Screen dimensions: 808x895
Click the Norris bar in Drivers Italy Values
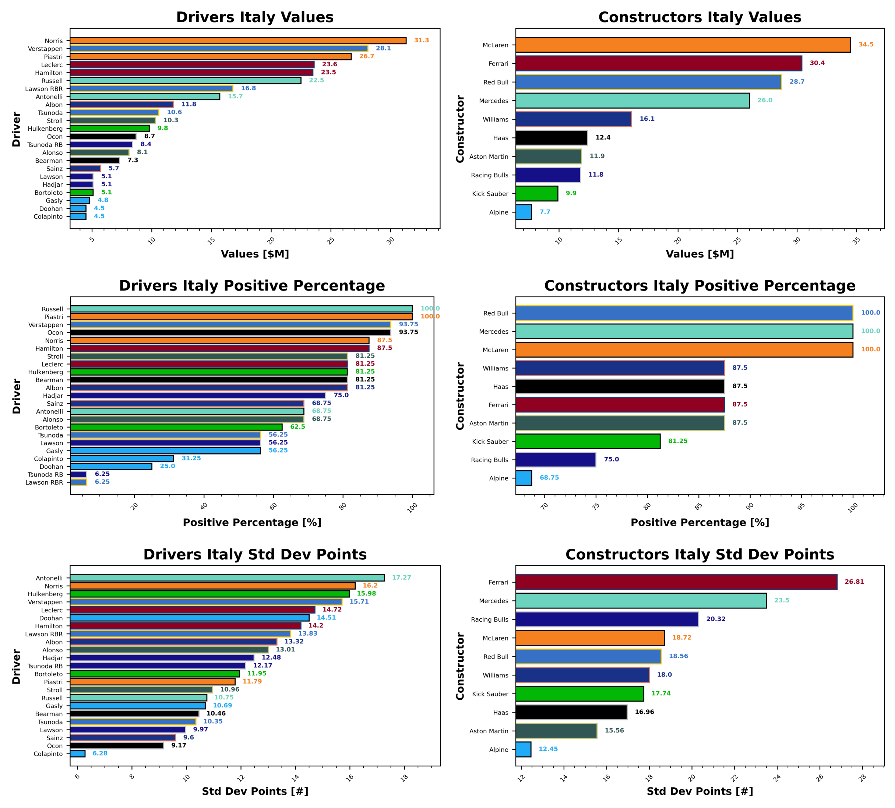click(238, 41)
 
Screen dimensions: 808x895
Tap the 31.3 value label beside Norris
click(421, 41)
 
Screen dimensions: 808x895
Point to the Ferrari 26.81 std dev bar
click(676, 582)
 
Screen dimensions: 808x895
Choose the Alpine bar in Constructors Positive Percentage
click(524, 478)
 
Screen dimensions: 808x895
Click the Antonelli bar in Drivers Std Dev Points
click(227, 578)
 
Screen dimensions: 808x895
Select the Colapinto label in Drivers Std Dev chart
click(48, 754)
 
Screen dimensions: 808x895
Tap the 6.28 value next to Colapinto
click(100, 753)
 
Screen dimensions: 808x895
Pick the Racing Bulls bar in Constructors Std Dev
click(607, 619)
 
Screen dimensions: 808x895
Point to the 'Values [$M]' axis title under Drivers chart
click(255, 254)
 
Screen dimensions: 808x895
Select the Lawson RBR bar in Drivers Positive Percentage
click(78, 482)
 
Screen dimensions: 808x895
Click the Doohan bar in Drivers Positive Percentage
click(111, 467)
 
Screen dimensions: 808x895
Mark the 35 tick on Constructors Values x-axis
click(856, 240)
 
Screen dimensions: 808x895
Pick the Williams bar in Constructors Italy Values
click(573, 119)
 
